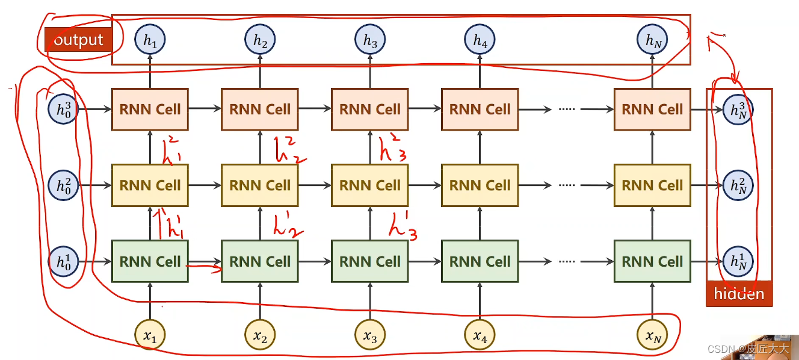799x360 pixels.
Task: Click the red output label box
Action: click(x=78, y=40)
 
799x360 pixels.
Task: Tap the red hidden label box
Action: click(x=739, y=294)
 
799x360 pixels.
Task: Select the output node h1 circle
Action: click(x=150, y=40)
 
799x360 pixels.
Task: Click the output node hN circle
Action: click(x=653, y=40)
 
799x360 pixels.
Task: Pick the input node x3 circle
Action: click(x=370, y=337)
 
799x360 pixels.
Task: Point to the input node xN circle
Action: click(x=653, y=337)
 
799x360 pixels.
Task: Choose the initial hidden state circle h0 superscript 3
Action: click(x=64, y=109)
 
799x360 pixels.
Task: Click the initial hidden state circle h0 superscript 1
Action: click(x=64, y=261)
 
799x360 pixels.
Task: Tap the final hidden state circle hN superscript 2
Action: click(x=738, y=185)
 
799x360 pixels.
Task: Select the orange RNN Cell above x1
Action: click(x=150, y=109)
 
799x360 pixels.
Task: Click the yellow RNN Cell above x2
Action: click(x=260, y=185)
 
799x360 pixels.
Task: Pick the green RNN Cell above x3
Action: click(x=370, y=261)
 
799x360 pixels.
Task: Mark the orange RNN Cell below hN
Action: click(x=653, y=109)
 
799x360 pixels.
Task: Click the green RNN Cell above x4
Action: click(x=480, y=261)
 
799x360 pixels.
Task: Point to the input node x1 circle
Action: click(x=150, y=337)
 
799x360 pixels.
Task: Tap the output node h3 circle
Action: click(x=370, y=40)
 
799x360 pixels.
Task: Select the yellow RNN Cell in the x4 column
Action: click(x=480, y=185)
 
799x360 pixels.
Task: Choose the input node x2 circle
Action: click(x=260, y=337)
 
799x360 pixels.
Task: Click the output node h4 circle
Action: click(x=480, y=40)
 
